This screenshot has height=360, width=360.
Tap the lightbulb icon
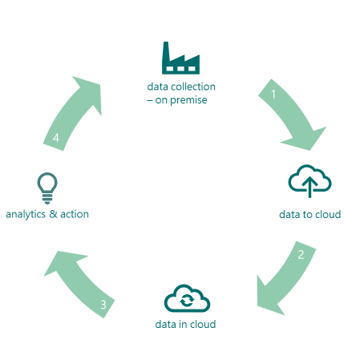(x=47, y=188)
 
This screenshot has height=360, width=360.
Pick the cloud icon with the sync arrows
(x=187, y=298)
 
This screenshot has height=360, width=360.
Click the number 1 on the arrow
(x=273, y=94)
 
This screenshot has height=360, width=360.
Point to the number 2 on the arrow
(x=301, y=255)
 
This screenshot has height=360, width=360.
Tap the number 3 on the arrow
(x=103, y=305)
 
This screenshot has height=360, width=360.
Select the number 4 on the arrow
(x=56, y=138)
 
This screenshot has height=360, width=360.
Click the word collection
(x=193, y=87)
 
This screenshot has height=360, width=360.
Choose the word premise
(x=188, y=100)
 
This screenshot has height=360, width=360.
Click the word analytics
(x=26, y=215)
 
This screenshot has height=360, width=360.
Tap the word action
(x=75, y=214)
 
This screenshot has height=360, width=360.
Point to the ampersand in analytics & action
(x=53, y=214)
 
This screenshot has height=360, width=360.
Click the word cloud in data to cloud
(x=328, y=214)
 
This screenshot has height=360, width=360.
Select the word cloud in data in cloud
(x=203, y=324)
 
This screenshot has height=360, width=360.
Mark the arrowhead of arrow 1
(x=307, y=139)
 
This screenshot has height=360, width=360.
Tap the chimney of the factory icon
(x=166, y=51)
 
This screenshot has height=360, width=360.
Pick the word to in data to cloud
(x=307, y=215)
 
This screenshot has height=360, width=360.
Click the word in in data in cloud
(x=183, y=324)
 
